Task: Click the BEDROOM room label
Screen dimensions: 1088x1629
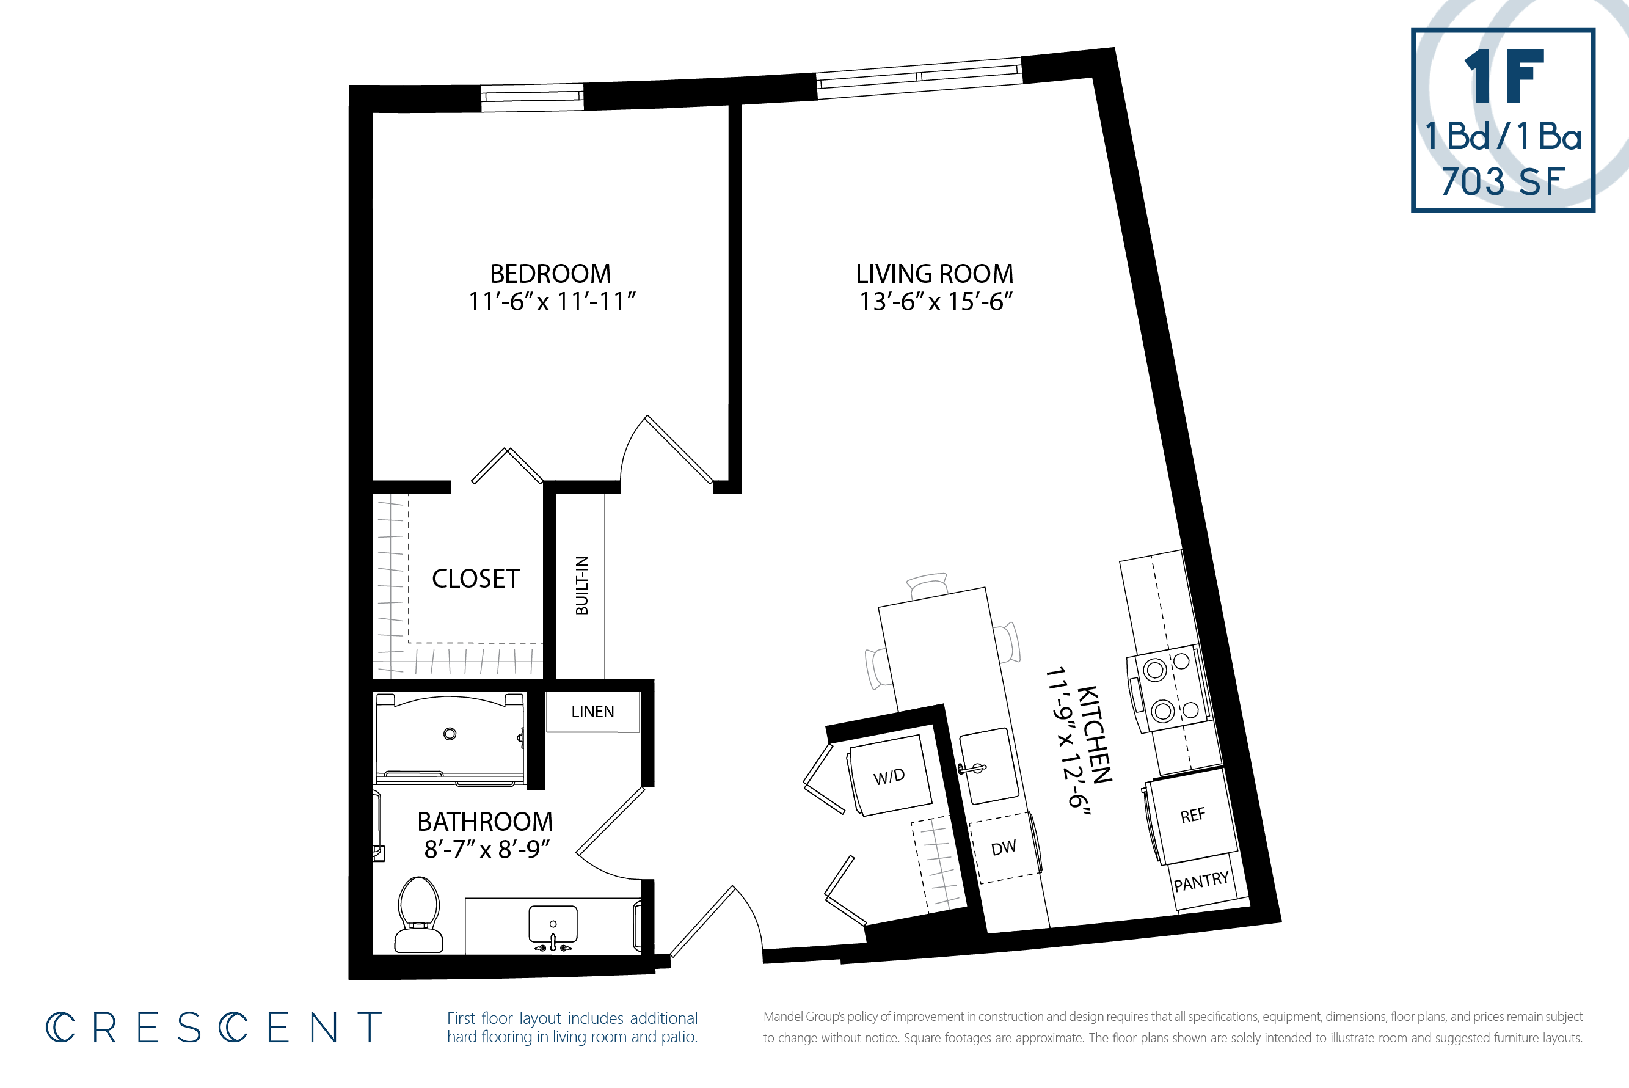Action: click(x=550, y=274)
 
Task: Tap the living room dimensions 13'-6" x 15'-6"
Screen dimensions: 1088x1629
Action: click(x=936, y=302)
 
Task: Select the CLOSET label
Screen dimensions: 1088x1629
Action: click(x=475, y=578)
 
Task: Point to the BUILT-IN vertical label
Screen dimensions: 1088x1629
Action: click(x=581, y=585)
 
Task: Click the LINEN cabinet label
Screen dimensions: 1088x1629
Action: click(x=592, y=711)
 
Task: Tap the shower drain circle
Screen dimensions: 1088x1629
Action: click(x=450, y=734)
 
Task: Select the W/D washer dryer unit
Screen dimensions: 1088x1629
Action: click(x=889, y=776)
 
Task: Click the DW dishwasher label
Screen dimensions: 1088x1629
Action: click(x=1003, y=847)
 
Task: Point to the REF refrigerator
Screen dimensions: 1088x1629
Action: click(x=1192, y=816)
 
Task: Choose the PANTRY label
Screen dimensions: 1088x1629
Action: click(x=1201, y=882)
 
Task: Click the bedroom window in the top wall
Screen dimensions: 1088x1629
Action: click(x=532, y=97)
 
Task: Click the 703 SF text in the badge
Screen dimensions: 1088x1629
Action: click(x=1503, y=182)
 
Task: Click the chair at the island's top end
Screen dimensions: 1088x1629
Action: click(x=928, y=585)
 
